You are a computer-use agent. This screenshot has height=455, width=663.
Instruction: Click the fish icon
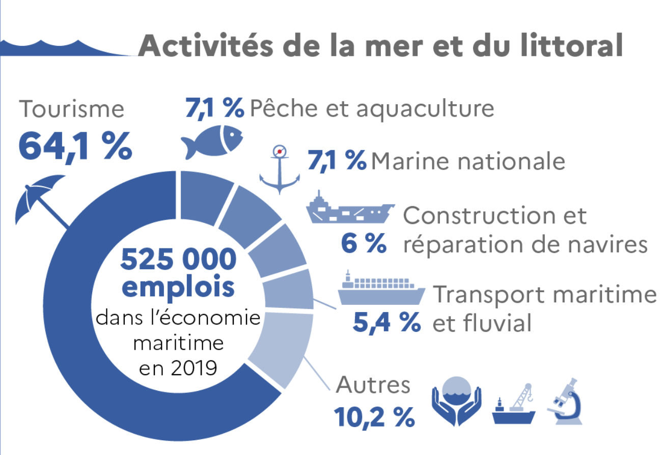pyautogui.click(x=211, y=141)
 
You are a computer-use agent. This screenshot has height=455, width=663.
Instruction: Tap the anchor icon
pyautogui.click(x=279, y=170)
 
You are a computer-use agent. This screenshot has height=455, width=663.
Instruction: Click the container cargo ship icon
pyautogui.click(x=381, y=290)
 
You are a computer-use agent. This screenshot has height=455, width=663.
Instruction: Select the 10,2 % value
pyautogui.click(x=374, y=416)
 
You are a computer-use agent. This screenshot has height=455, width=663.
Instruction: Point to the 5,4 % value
pyautogui.click(x=386, y=322)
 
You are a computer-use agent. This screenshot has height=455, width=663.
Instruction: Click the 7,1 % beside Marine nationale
pyautogui.click(x=337, y=161)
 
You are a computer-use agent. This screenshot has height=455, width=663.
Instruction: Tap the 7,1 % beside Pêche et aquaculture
pyautogui.click(x=214, y=107)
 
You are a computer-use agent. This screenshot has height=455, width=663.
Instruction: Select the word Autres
pyautogui.click(x=373, y=385)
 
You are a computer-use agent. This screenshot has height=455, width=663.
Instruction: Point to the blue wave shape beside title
pyautogui.click(x=66, y=47)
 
